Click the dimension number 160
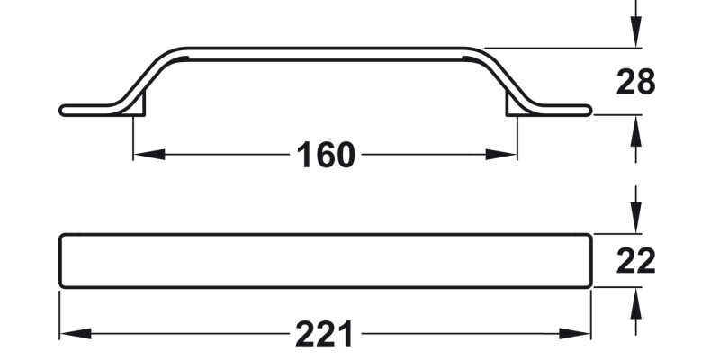(325, 155)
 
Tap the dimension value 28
(635, 82)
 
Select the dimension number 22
(635, 261)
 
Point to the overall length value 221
(325, 335)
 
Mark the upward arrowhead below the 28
(635, 130)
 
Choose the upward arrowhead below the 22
(635, 302)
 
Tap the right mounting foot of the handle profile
(514, 108)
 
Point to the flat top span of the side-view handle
(325, 54)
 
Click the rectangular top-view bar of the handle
(325, 261)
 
